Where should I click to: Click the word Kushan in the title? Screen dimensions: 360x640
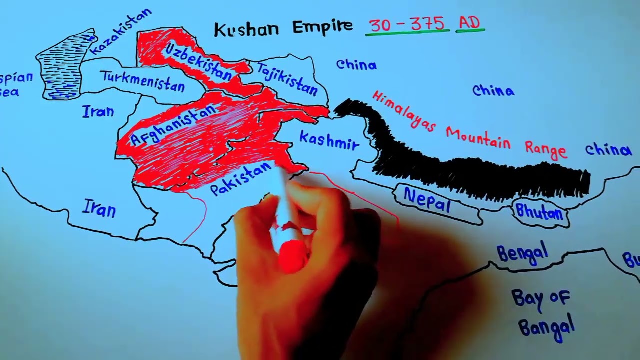(x=247, y=28)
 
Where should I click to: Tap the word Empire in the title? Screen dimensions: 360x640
(x=322, y=27)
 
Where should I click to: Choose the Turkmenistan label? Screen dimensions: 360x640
(x=143, y=81)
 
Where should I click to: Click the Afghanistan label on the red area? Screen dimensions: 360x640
(x=172, y=125)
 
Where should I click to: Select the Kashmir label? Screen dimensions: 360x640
(x=329, y=141)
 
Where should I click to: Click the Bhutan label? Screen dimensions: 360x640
(x=539, y=213)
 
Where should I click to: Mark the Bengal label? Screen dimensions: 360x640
(x=522, y=253)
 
